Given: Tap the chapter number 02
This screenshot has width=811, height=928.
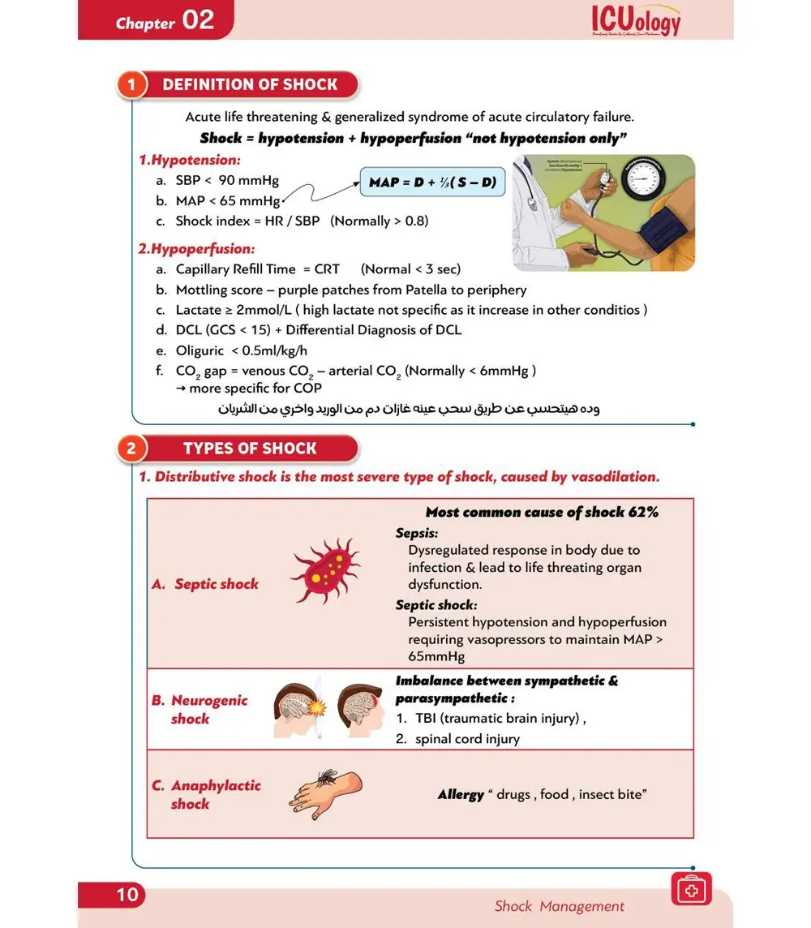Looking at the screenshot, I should [198, 20].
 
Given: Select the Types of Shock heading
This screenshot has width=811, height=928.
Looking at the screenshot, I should [250, 449].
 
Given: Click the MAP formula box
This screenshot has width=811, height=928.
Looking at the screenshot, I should [432, 182].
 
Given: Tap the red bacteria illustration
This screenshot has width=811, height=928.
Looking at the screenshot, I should [323, 570].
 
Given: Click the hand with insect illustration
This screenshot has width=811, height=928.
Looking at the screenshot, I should [324, 792].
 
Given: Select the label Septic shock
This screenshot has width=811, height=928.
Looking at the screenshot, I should [216, 584].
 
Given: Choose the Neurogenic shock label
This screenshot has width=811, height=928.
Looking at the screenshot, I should [208, 709].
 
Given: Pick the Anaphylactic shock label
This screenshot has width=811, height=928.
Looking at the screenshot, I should [215, 794].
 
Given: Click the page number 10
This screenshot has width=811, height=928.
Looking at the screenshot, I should [127, 894].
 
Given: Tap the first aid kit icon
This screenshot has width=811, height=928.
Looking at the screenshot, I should [691, 888].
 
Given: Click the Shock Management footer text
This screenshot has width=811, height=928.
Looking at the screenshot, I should [560, 906].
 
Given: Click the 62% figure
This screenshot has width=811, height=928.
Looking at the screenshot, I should [642, 512].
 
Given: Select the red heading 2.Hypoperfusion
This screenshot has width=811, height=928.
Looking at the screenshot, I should [196, 248].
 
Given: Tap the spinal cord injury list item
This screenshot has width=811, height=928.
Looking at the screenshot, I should [467, 739].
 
